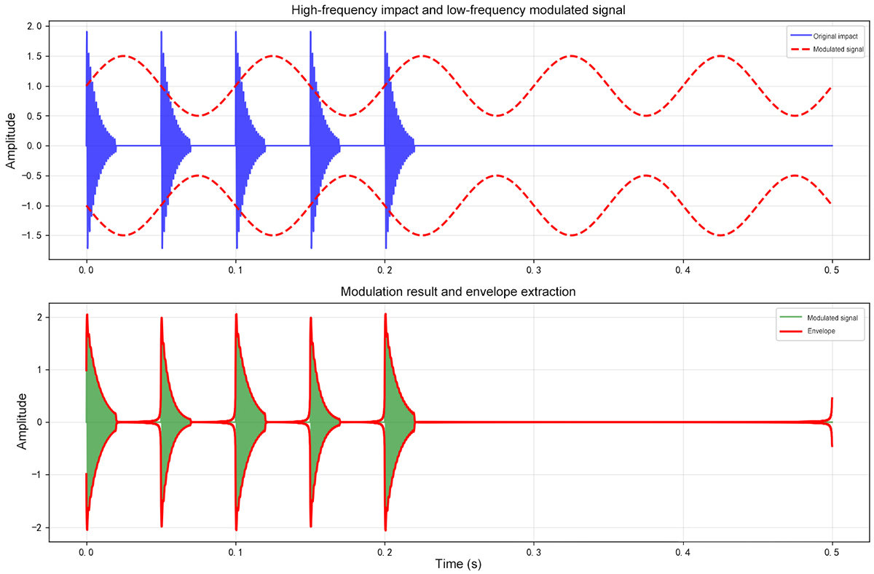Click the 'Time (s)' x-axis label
click(x=459, y=564)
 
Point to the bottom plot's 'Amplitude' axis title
click(x=22, y=422)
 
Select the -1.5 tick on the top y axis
click(x=32, y=235)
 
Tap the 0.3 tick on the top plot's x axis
click(x=534, y=270)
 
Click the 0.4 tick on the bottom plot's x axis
click(x=683, y=551)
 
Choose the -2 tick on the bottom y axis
click(x=36, y=527)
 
